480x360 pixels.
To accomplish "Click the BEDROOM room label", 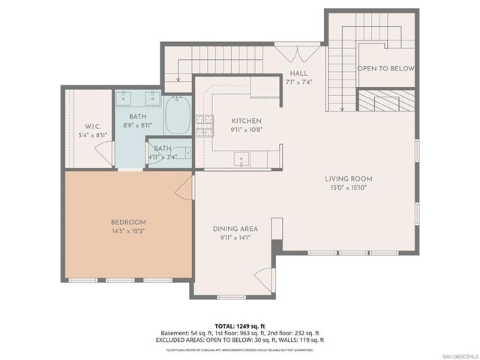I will point(128,222).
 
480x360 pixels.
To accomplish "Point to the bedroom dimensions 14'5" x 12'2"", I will point(128,231).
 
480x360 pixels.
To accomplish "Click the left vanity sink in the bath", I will point(124,96).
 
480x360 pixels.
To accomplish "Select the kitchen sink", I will point(241,158).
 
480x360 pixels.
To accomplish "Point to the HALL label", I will point(298,73).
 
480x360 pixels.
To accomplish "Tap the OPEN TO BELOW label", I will point(385,68).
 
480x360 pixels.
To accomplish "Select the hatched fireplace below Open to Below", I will point(385,100).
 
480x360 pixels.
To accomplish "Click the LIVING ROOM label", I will point(348,178).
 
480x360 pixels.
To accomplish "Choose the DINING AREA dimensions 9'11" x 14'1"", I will point(234,238).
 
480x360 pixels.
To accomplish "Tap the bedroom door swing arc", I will point(184,188).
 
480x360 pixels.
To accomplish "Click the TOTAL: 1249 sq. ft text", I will point(240,325).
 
